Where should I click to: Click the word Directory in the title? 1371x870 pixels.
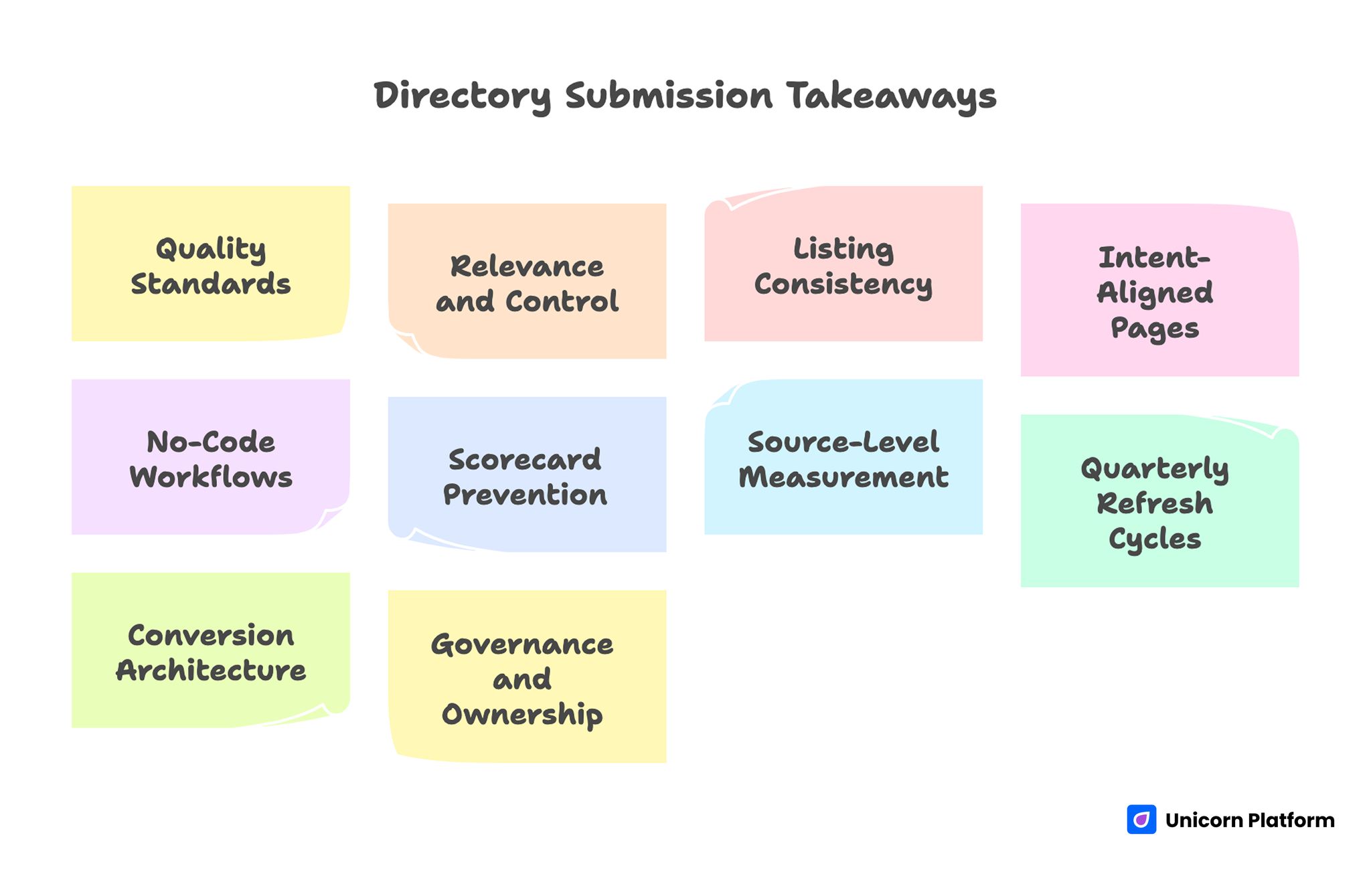click(463, 96)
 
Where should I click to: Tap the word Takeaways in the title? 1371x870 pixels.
click(891, 96)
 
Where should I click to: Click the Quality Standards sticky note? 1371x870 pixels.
click(210, 264)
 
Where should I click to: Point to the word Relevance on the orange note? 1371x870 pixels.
click(527, 266)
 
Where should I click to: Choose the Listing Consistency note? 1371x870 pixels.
click(843, 264)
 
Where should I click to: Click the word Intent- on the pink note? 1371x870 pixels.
click(1154, 258)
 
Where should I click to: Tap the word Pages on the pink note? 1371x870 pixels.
click(1154, 329)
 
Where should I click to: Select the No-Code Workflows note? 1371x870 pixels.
click(210, 458)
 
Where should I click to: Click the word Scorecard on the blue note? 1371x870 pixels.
click(525, 460)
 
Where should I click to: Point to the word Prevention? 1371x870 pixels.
click(525, 495)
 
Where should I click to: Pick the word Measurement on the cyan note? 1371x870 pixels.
click(843, 477)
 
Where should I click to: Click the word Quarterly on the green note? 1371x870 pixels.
click(1154, 468)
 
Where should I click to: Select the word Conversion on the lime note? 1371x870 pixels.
click(210, 635)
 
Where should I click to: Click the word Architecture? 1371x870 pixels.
click(210, 671)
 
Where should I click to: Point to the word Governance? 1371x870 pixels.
click(522, 644)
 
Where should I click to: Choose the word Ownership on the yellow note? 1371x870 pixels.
click(522, 715)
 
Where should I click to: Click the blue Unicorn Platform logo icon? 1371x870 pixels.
click(1141, 820)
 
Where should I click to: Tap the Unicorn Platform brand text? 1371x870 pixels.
click(1249, 820)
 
